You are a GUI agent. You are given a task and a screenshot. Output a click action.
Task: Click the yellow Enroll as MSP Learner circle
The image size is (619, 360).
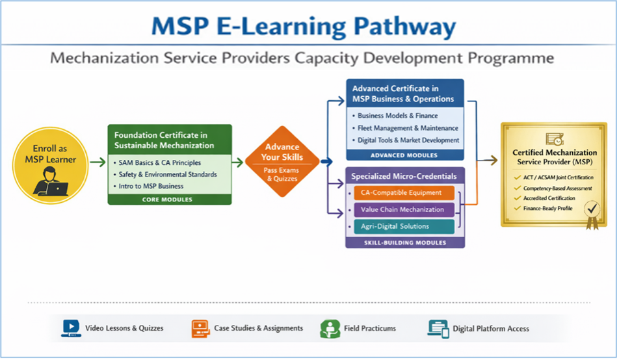(x=50, y=166)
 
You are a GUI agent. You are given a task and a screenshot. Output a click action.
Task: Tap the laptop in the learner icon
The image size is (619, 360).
(x=57, y=189)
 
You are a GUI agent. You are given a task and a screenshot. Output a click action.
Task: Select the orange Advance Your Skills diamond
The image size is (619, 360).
(x=282, y=161)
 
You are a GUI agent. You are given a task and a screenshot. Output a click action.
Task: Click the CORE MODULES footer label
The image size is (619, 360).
(x=167, y=199)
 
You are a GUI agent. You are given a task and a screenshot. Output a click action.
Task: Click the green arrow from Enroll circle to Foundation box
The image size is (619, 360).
(x=98, y=162)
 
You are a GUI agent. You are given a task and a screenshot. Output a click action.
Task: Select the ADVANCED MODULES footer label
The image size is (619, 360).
(x=404, y=155)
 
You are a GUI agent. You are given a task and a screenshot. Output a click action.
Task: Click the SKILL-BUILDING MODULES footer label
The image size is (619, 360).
(x=405, y=243)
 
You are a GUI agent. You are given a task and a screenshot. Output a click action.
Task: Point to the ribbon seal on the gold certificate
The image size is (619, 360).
(x=592, y=214)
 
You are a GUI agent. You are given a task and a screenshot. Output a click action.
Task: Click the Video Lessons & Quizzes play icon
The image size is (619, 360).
(x=71, y=328)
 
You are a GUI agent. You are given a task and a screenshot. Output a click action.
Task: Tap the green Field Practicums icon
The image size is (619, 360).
(x=330, y=329)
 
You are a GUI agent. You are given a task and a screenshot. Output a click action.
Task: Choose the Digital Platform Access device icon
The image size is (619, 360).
(x=438, y=329)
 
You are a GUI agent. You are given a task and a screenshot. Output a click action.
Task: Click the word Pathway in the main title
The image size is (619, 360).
(x=404, y=27)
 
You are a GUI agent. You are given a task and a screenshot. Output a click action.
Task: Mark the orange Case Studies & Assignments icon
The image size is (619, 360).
(x=200, y=328)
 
